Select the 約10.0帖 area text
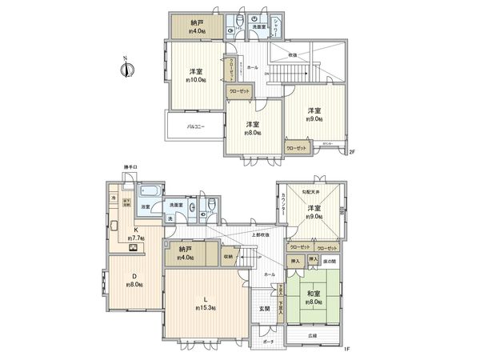pyautogui.click(x=196, y=81)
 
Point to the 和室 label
pyautogui.click(x=314, y=291)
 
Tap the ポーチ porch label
pyautogui.click(x=266, y=342)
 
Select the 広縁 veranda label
pyautogui.click(x=310, y=335)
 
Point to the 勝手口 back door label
pyautogui.click(x=130, y=167)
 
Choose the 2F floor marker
pyautogui.click(x=351, y=153)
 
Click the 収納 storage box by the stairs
pyautogui.click(x=228, y=257)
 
